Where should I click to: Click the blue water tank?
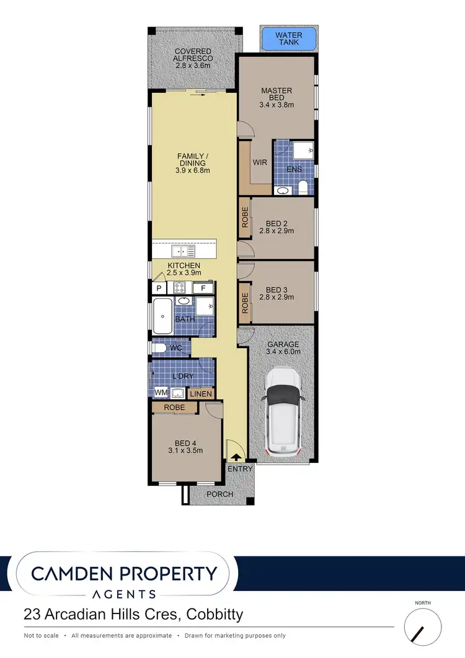click(289, 38)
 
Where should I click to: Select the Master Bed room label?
click(277, 95)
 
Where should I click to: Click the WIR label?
click(260, 162)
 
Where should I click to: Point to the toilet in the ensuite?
click(303, 186)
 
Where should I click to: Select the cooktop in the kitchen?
click(180, 287)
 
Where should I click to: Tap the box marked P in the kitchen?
click(159, 288)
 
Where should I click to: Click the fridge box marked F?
click(203, 288)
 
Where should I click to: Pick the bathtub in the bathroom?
click(164, 315)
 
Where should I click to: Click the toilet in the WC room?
click(158, 348)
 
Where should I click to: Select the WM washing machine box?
click(161, 392)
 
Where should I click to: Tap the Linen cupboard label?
click(201, 393)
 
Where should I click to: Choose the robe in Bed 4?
click(175, 408)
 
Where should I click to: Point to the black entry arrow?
click(236, 457)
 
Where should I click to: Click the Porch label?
click(220, 494)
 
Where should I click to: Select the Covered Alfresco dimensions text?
click(193, 64)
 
